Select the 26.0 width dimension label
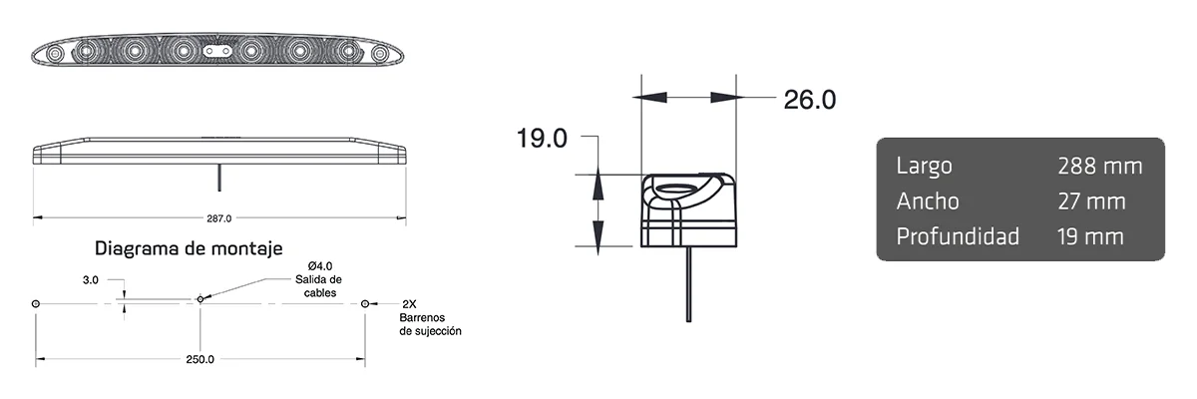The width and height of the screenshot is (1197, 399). coord(809,99)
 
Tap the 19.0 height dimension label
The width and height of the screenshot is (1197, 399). coord(542,138)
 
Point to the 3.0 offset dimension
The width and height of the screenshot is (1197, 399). coord(90,281)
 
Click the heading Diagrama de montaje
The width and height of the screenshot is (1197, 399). coord(190,247)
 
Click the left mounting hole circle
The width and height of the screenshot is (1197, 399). coord(36,302)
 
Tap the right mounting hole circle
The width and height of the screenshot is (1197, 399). coord(365,302)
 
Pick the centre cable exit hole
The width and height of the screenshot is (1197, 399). coord(200,298)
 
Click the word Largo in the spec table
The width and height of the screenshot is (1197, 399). coord(924,166)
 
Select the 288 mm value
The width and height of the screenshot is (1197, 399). coord(1099,166)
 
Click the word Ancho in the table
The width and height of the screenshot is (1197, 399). coord(928,201)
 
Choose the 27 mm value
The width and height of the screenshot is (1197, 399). coord(1091,201)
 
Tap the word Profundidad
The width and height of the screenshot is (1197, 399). coord(958,236)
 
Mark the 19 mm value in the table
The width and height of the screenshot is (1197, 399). coord(1090,236)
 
